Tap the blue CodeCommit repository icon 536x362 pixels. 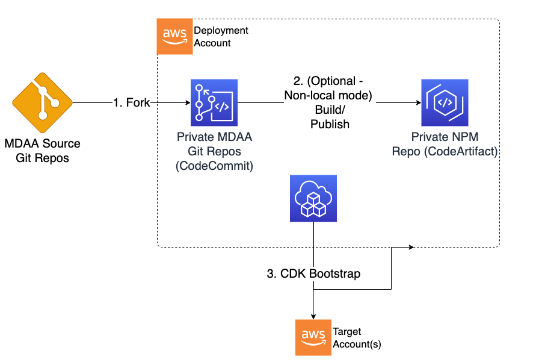214,104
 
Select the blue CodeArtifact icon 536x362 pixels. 445,104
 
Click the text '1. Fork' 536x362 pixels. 131,103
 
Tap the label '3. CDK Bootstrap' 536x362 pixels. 313,273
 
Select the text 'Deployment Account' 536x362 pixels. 220,37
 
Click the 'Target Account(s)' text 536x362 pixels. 356,339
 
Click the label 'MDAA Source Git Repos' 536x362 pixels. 42,151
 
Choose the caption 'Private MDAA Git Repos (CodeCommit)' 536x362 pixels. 214,151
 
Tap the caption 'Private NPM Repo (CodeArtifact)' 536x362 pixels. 445,145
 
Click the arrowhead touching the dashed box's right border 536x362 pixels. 410,247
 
